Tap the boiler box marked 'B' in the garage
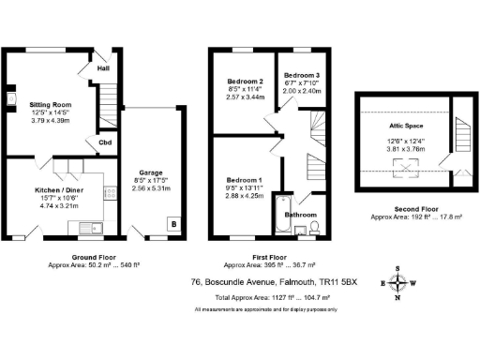click(x=173, y=224)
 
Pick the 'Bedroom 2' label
click(x=244, y=82)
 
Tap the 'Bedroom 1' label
click(x=244, y=179)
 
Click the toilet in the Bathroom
click(x=316, y=228)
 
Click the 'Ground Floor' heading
click(x=94, y=256)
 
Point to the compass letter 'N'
click(x=400, y=299)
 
